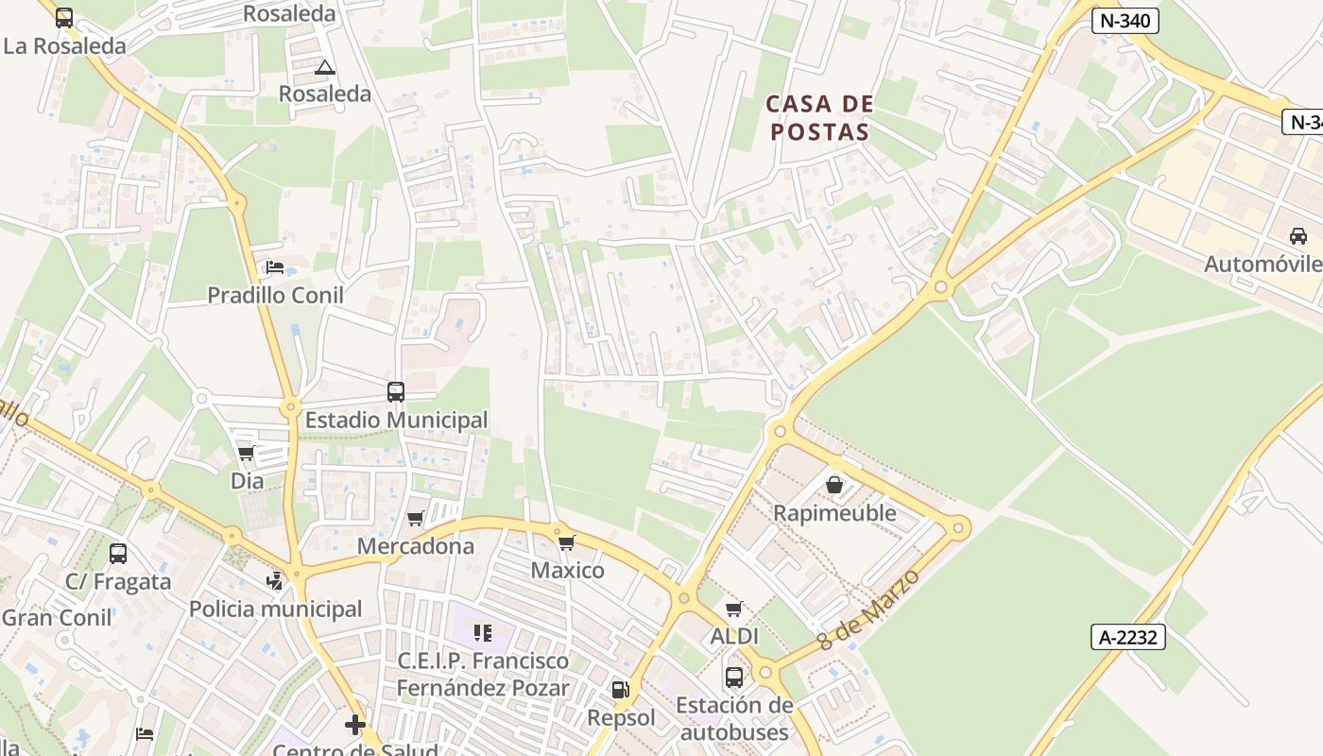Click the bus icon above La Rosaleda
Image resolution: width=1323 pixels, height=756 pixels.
(x=64, y=17)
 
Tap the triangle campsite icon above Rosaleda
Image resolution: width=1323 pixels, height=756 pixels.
(x=325, y=67)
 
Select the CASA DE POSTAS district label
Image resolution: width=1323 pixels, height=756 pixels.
(x=818, y=117)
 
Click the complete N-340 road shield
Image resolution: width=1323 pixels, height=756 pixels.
(x=1125, y=21)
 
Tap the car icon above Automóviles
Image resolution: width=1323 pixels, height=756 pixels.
(x=1298, y=236)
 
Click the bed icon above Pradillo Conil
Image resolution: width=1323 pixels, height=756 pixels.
(x=275, y=267)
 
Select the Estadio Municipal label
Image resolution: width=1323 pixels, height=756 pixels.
(x=396, y=420)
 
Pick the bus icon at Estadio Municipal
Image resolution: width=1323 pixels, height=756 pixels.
(x=396, y=391)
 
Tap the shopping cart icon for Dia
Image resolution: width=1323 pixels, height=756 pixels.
(x=247, y=454)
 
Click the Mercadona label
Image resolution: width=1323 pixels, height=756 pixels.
(x=415, y=546)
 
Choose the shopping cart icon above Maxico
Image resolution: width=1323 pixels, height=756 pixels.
(x=567, y=542)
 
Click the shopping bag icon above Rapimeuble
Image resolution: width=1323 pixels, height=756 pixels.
(x=834, y=485)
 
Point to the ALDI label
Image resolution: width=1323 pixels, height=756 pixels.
(x=734, y=637)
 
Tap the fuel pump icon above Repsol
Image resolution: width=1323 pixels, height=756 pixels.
(x=620, y=690)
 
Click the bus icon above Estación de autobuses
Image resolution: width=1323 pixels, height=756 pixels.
(x=734, y=677)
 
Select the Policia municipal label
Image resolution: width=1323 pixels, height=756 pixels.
(x=275, y=609)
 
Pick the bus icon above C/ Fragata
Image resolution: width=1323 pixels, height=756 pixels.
(x=118, y=554)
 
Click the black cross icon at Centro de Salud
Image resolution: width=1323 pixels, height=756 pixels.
(x=355, y=725)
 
